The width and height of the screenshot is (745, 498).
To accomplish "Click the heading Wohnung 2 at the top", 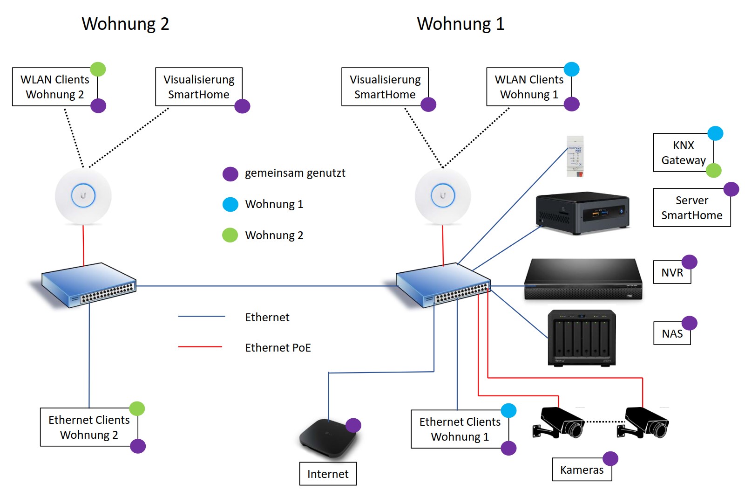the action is (125, 24).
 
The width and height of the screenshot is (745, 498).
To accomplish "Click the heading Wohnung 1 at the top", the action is (461, 24).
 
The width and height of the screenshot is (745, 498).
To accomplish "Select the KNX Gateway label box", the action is (684, 152).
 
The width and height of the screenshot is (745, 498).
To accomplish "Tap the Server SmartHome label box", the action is (692, 207).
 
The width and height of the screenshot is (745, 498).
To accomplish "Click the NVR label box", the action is (672, 272).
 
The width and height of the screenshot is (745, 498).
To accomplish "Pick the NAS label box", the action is (672, 333).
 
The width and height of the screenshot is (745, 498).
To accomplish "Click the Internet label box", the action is (328, 474).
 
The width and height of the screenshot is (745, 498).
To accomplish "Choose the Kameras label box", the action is (582, 470).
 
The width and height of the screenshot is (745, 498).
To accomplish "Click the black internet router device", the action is (329, 438).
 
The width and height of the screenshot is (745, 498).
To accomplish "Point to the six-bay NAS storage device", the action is (582, 338).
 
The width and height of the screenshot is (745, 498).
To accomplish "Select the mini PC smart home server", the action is (582, 213).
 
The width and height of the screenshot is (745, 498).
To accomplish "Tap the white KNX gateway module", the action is (575, 156).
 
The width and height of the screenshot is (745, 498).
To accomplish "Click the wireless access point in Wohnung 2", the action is (83, 196).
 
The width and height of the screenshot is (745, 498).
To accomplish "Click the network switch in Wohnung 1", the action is (443, 285).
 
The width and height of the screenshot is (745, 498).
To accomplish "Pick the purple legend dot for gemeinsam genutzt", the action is (230, 173).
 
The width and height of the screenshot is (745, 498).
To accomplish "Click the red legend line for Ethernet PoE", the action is (200, 347).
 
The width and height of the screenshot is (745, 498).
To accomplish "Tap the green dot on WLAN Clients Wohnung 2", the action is (98, 69).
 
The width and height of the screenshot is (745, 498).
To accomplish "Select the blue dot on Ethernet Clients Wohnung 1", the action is (508, 410).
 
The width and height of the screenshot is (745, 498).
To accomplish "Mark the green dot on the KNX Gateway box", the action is (714, 170).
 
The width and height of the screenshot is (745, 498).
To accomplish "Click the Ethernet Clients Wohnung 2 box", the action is (89, 427).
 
